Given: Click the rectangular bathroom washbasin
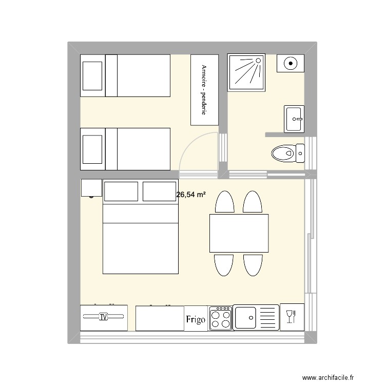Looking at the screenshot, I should (295, 118).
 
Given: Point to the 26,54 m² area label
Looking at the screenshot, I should (191, 195).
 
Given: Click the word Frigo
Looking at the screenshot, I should (196, 319).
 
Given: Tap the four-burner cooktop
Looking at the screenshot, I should (220, 317).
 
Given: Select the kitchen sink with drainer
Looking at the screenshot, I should (256, 317).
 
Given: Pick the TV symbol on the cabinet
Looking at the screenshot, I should (104, 317).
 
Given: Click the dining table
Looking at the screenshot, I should (239, 233).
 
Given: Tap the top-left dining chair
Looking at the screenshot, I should (224, 203).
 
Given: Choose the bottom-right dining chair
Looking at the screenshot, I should (253, 264).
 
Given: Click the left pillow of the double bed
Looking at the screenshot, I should (121, 191).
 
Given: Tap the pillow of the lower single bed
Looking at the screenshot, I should (92, 149).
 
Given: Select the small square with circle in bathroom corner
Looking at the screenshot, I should (291, 64).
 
